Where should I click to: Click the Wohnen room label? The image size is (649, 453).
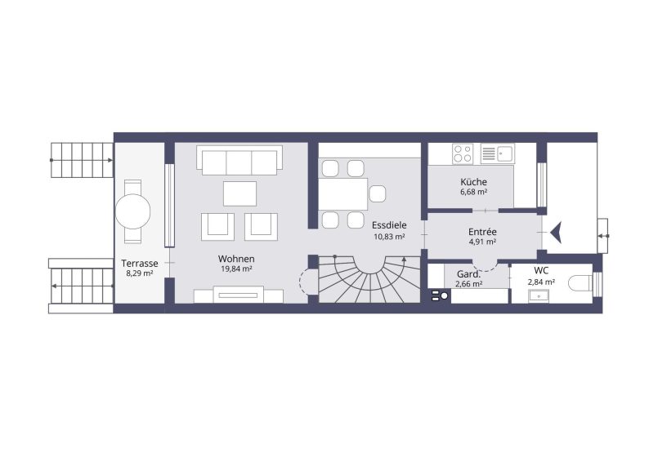(x=236, y=259)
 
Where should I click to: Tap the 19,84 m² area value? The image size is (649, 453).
(x=236, y=269)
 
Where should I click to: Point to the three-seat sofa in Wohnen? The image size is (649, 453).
(x=239, y=160)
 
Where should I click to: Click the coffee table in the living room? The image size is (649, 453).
(x=239, y=193)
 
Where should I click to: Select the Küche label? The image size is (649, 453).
(x=473, y=182)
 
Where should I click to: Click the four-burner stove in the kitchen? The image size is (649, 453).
(x=463, y=153)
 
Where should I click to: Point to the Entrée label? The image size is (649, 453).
(x=483, y=232)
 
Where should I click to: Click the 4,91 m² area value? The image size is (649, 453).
(x=483, y=242)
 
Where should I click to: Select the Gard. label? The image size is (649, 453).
(x=468, y=273)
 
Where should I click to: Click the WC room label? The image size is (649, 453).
(x=541, y=270)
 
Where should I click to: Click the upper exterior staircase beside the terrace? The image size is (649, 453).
(x=80, y=159)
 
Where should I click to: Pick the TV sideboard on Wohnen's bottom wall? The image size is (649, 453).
(x=239, y=295)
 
